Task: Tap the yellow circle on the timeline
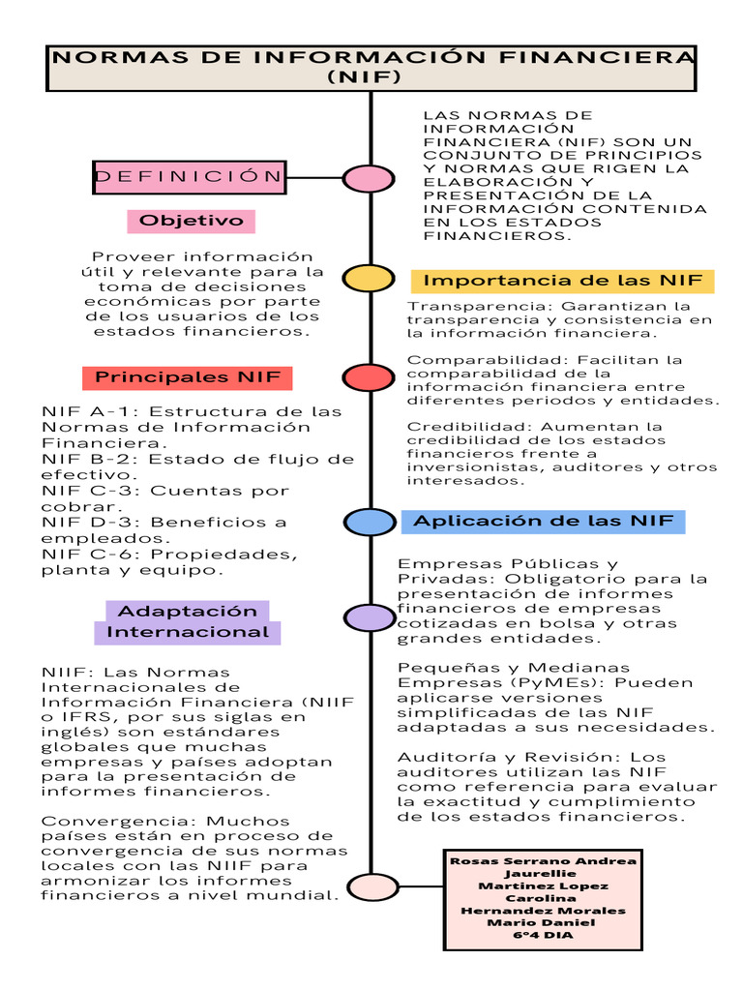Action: tap(368, 279)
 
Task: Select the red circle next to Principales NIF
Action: tap(368, 376)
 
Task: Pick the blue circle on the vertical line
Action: tap(368, 523)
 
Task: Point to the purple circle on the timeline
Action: tap(369, 617)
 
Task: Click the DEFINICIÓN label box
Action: tap(189, 176)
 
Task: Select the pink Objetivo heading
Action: tap(192, 221)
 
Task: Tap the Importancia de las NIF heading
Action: tap(563, 281)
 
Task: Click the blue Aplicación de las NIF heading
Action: tap(543, 522)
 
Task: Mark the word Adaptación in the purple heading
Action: tap(188, 612)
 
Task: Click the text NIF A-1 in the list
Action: tap(90, 411)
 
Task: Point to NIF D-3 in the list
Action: tap(90, 522)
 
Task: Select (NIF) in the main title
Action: tap(371, 77)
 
